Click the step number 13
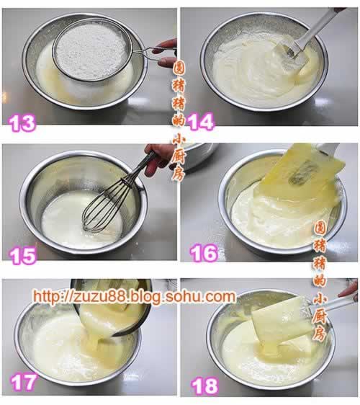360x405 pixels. [22, 123]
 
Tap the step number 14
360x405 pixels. [201, 121]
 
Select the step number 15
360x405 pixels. [23, 256]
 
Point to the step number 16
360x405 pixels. [204, 254]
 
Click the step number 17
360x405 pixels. [24, 383]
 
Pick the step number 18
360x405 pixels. [204, 386]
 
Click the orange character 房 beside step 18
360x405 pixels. [320, 334]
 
